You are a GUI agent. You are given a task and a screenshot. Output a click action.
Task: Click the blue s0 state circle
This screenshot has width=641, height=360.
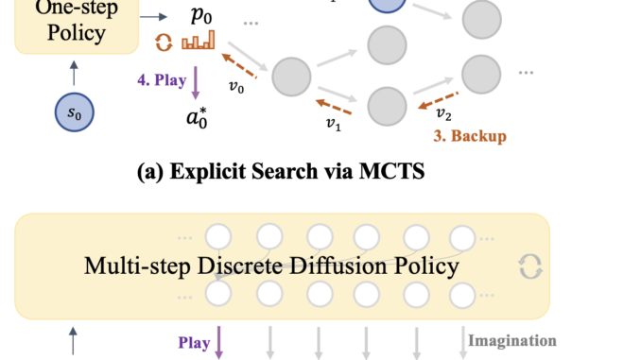73,112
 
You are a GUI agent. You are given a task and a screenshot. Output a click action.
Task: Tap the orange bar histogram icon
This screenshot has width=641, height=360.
199,40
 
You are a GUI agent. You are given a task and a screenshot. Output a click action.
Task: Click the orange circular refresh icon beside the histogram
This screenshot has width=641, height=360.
164,42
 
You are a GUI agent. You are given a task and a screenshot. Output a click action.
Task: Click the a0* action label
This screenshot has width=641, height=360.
199,121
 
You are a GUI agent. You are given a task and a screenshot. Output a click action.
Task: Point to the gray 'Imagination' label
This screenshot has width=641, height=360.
511,340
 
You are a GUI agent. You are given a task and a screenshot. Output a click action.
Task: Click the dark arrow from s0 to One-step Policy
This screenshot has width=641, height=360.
72,72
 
